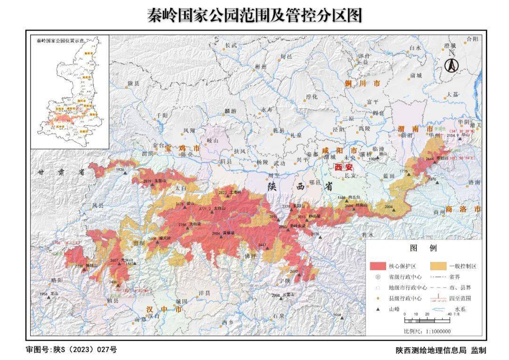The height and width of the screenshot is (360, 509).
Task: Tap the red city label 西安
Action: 343,167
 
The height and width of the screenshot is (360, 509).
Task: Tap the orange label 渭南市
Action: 416,129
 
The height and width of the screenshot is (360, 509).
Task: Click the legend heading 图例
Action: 423,248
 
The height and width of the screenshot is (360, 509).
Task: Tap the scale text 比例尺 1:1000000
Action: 427,331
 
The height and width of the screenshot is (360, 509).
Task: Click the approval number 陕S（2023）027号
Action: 71,350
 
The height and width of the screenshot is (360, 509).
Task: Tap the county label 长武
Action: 230,46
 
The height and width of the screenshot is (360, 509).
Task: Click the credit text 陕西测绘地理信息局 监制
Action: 441,350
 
